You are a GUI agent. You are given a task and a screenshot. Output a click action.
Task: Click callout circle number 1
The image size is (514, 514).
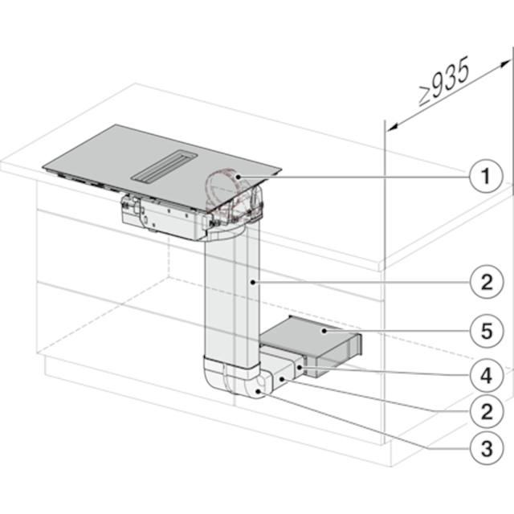[486, 176]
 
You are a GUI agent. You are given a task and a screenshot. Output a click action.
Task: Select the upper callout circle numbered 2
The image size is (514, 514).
[487, 282]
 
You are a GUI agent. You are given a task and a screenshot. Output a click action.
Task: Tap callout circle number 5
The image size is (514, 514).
[487, 331]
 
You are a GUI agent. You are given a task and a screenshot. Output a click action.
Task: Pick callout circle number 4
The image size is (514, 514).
[487, 375]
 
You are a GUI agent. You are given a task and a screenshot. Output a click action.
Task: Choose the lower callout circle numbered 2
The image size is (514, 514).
[487, 411]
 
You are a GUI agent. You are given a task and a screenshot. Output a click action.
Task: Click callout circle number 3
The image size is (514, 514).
[487, 448]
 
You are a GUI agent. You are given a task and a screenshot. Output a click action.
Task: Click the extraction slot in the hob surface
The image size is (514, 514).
[164, 165]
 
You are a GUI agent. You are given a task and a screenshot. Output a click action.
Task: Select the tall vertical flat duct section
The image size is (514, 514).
[232, 295]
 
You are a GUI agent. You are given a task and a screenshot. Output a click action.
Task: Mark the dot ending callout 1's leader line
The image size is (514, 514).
[239, 177]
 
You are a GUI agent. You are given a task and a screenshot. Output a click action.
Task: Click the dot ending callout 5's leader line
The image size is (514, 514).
[324, 331]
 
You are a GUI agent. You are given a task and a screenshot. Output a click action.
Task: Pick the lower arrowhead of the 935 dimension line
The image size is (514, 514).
[393, 127]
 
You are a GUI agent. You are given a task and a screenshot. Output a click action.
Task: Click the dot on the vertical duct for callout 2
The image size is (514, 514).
[253, 282]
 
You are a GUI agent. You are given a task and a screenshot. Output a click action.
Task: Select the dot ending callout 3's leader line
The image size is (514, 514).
[259, 391]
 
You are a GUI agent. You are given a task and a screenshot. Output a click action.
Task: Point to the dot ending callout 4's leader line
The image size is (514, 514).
[300, 368]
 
